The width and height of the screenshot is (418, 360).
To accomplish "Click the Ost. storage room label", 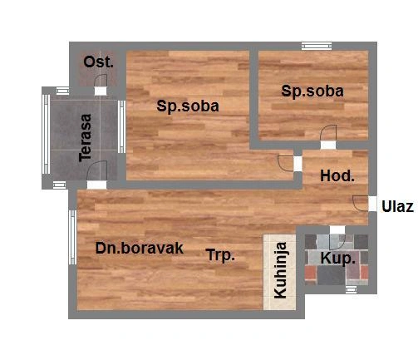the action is tap(99, 62).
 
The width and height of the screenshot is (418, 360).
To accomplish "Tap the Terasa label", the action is tap(86, 138).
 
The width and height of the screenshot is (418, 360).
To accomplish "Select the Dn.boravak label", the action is tap(140, 248).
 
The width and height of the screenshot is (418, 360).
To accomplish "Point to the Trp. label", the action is tap(220, 254).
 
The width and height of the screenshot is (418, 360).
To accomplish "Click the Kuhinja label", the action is tap(280, 270).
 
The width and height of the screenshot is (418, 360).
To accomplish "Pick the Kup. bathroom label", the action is tap(337, 259).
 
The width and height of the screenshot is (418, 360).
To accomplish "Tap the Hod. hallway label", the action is tap(337, 175).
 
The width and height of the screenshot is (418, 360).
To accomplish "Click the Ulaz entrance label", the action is tap(397, 206).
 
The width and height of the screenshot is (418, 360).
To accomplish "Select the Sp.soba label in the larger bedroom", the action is tap(188, 106).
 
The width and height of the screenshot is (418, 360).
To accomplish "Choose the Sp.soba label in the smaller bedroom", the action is tap(312, 91).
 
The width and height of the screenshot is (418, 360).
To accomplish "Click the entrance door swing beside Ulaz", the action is tap(361, 204).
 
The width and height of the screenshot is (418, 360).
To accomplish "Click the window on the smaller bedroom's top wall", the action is tap(317, 46).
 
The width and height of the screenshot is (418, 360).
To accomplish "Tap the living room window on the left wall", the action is tap(72, 237).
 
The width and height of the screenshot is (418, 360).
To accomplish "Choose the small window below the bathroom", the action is tap(351, 289).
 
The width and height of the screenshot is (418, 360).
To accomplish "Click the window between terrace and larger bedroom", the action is tap(121, 126).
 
